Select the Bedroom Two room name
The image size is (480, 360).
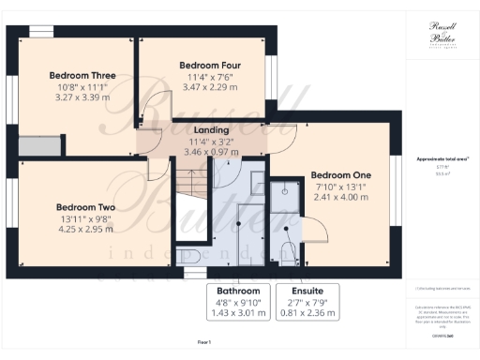[85, 207]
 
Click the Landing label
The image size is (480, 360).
[206, 130]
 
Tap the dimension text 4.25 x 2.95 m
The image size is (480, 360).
[85, 229]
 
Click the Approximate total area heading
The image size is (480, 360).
[438, 159]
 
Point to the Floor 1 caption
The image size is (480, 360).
[205, 344]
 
